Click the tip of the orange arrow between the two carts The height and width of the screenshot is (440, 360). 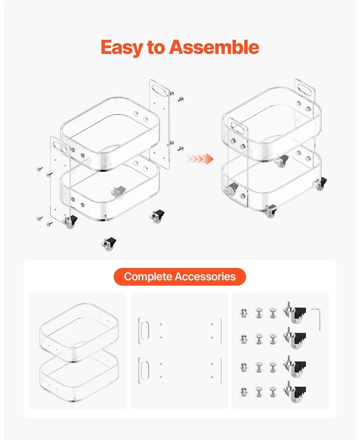coord(214,159)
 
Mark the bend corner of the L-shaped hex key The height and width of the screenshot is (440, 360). coord(319,309)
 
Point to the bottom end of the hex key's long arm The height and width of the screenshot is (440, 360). coord(319,331)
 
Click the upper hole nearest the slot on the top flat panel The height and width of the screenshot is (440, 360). coord(161,324)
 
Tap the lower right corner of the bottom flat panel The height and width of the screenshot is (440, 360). coord(221,384)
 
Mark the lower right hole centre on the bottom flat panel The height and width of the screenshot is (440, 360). coord(212,377)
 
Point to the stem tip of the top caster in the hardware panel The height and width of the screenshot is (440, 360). coord(288,302)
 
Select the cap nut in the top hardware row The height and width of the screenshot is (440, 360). coord(244,313)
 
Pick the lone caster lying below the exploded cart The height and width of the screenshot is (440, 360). coord(109,243)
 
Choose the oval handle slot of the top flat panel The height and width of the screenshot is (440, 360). coord(145,331)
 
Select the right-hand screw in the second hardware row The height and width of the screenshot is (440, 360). coord(273,339)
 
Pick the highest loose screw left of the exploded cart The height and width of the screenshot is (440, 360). coord(40,169)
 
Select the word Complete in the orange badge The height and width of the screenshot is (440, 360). coord(148,277)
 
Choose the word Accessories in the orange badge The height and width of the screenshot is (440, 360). coord(205,277)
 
